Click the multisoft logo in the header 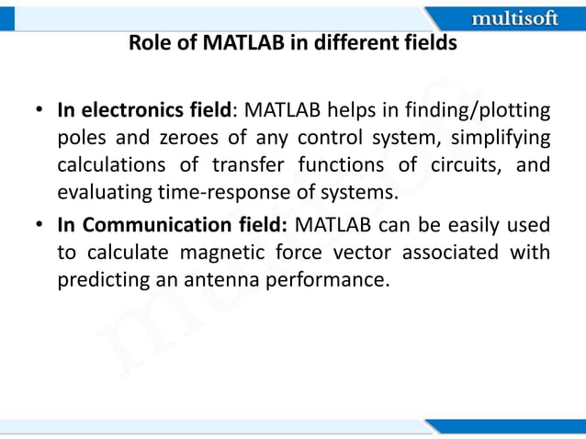pos(513,17)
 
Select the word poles pos(80,140)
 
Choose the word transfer pos(274,166)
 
